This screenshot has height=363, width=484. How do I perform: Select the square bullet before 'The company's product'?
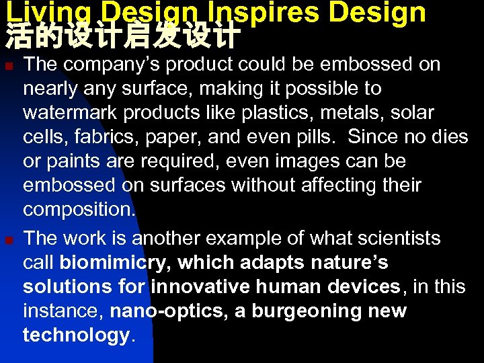8,65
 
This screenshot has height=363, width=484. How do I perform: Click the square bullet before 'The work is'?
8,239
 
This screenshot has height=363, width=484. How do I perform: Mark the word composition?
79,210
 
